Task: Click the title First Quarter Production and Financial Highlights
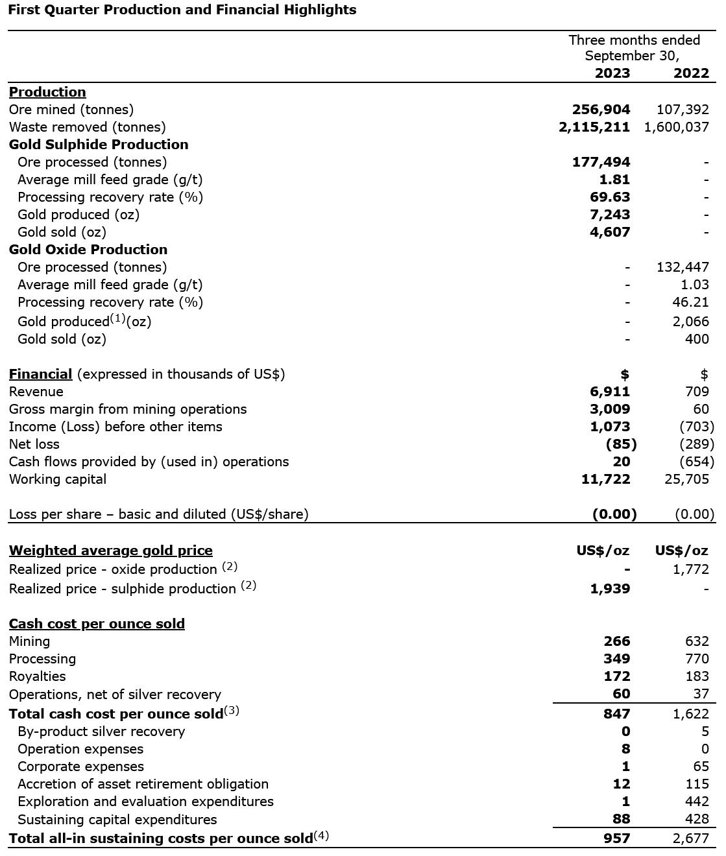182,10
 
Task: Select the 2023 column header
612,73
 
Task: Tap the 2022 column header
690,73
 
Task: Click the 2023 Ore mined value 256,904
601,110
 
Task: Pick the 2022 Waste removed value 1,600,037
676,127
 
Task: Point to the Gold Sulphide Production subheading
99,145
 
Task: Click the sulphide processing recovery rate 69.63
610,197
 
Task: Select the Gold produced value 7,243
610,215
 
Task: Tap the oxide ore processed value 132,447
683,267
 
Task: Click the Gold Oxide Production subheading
88,250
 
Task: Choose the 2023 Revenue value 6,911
610,392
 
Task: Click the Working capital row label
58,479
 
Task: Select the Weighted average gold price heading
111,551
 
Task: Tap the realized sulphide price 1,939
610,589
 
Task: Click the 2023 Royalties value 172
616,676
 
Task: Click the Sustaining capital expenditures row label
117,820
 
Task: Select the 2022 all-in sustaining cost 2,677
690,838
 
